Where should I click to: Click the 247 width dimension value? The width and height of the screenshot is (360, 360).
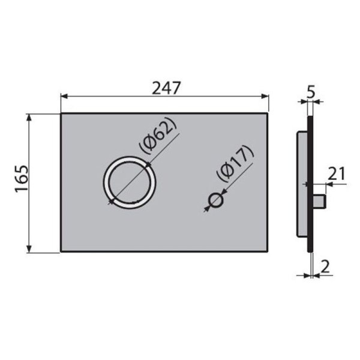[x=166, y=88]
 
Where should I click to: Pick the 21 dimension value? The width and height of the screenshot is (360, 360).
[x=337, y=175]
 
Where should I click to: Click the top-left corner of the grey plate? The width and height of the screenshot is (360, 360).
[x=61, y=113]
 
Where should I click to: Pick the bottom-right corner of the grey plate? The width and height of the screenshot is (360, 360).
[x=268, y=252]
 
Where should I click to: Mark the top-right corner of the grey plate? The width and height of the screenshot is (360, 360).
[x=268, y=113]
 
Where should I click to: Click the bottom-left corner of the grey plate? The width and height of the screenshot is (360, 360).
[x=61, y=252]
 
